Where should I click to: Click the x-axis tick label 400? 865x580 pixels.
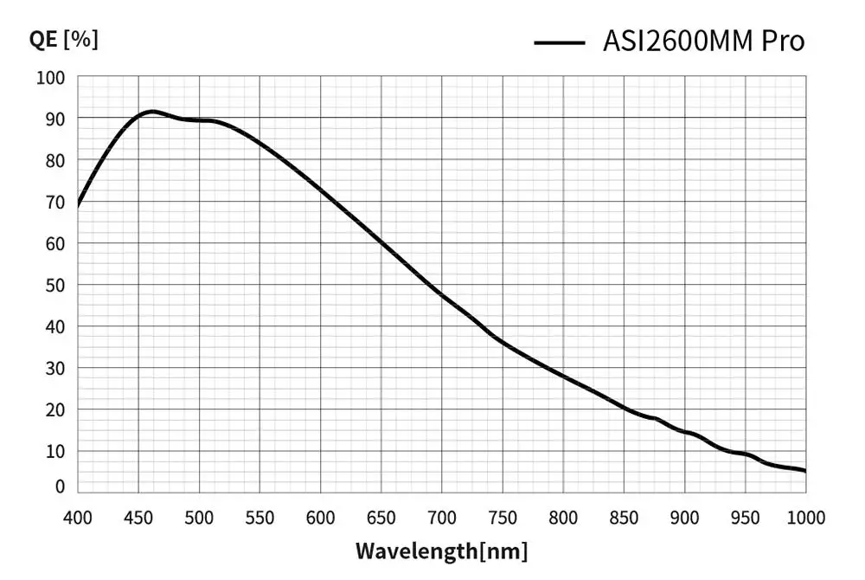(77, 518)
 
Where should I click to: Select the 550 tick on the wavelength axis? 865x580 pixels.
(259, 518)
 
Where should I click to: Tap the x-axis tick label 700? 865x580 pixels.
(441, 518)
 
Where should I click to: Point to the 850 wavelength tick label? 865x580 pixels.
(624, 518)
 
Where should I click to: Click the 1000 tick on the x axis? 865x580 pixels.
(805, 518)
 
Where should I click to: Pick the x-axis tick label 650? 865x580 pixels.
(381, 518)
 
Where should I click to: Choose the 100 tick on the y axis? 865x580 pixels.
(50, 78)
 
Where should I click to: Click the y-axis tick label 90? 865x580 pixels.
(54, 119)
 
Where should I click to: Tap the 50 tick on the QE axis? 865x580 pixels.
(54, 285)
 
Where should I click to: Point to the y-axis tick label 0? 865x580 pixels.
(60, 487)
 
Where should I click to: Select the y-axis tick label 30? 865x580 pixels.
(54, 368)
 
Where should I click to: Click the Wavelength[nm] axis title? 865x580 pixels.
(441, 551)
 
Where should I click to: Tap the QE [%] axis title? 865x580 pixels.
(63, 39)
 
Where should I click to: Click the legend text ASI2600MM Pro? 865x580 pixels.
(703, 41)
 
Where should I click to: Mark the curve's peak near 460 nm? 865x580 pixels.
(151, 112)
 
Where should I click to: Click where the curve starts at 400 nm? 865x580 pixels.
(78, 205)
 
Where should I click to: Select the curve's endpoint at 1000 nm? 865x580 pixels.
(805, 471)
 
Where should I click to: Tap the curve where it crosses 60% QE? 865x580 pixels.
(381, 243)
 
